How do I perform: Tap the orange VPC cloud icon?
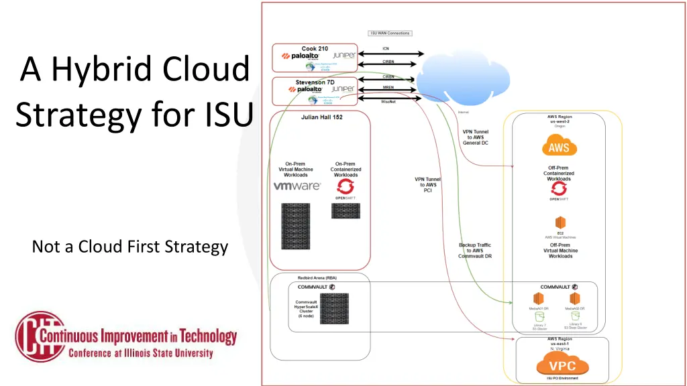(x=562, y=366)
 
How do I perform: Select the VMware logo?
(x=297, y=186)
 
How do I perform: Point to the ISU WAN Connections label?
(x=390, y=33)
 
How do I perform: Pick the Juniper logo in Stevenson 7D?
(x=343, y=88)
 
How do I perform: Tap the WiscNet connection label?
(x=388, y=102)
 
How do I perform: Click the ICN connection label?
(x=386, y=48)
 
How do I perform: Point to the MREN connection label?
(x=388, y=88)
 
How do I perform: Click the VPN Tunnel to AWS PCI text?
(x=428, y=185)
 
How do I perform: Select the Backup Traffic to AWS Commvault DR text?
(x=474, y=251)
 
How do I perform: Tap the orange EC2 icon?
(x=560, y=222)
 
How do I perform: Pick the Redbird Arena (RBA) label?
(x=317, y=277)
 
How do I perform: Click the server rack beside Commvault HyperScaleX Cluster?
(x=339, y=309)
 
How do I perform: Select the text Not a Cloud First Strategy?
(x=130, y=247)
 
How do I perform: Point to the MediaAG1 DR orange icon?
(x=537, y=298)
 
